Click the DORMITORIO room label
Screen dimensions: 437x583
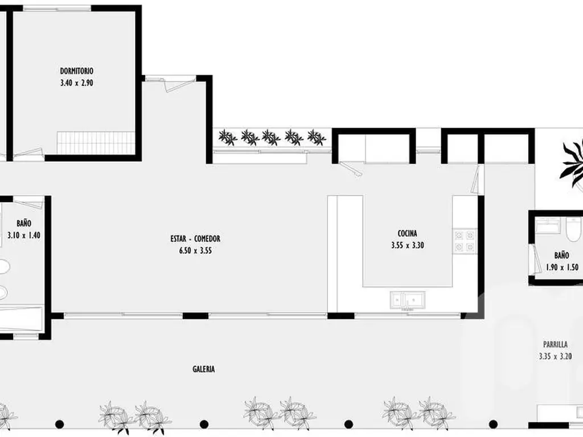(x=76, y=71)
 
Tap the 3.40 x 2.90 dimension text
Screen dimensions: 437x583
(x=76, y=83)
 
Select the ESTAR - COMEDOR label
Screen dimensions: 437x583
(x=195, y=239)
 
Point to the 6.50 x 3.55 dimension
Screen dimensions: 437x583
(x=195, y=250)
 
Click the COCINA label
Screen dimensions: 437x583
(x=407, y=233)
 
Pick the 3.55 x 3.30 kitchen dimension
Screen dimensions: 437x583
(x=407, y=246)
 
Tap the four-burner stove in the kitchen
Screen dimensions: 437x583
(x=464, y=241)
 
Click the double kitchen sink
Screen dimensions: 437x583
(x=407, y=299)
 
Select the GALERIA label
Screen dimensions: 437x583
(x=203, y=369)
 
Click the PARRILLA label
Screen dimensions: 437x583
(x=555, y=344)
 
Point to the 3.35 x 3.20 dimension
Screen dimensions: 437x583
(x=555, y=357)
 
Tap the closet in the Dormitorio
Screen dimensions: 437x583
(x=96, y=142)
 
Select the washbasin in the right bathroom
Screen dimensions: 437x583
(x=549, y=225)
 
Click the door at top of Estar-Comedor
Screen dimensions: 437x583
(x=176, y=83)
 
